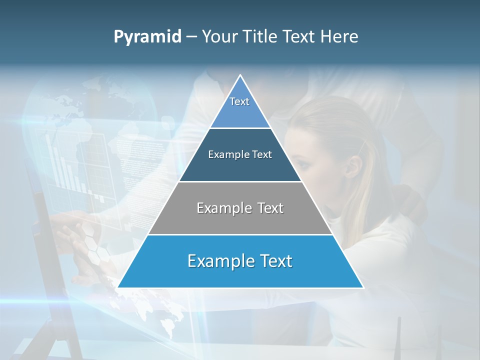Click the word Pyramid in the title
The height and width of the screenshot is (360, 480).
(x=147, y=37)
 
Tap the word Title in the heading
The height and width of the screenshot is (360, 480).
(x=263, y=37)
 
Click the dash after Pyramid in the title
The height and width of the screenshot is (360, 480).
(x=191, y=37)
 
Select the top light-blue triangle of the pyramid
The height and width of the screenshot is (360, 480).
(x=240, y=112)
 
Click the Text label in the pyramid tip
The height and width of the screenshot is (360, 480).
(x=239, y=101)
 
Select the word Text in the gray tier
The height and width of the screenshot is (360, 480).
(x=269, y=208)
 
